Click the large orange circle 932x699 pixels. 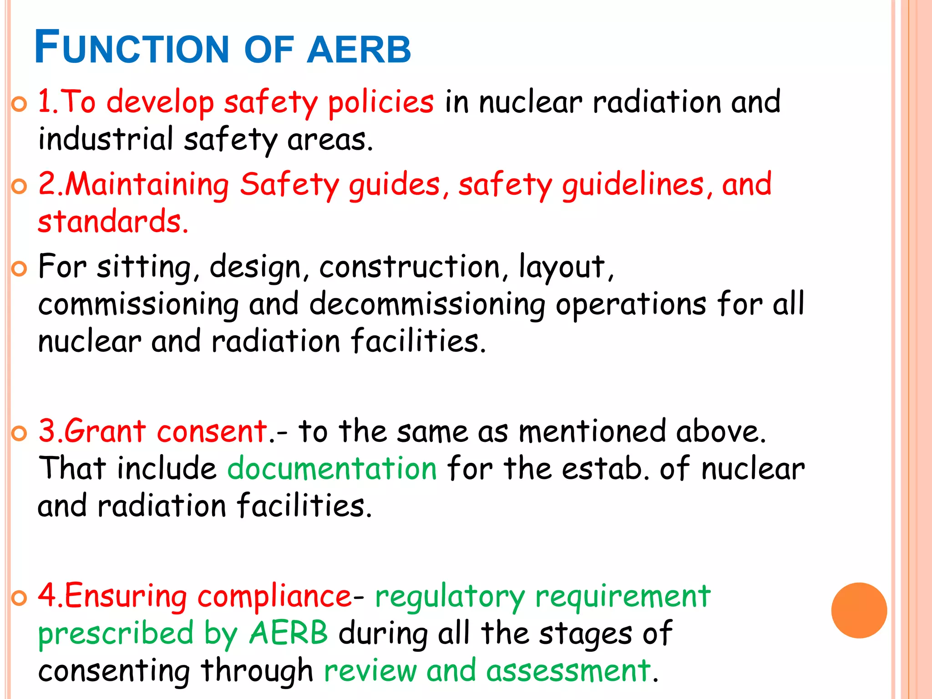[859, 610]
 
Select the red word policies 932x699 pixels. [380, 103]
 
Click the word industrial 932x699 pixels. [106, 139]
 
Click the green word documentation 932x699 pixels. [332, 469]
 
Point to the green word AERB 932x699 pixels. [288, 633]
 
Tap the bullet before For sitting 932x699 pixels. [19, 269]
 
